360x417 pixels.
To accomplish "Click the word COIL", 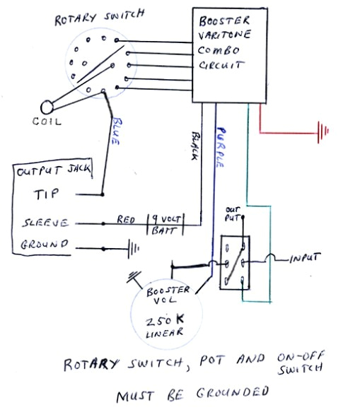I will click(x=47, y=122).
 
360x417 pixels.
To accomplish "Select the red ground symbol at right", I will click(x=324, y=131).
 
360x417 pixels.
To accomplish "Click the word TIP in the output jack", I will click(x=45, y=194).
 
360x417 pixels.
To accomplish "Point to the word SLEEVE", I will click(x=43, y=223).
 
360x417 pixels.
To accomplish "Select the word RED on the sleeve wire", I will click(x=127, y=221).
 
